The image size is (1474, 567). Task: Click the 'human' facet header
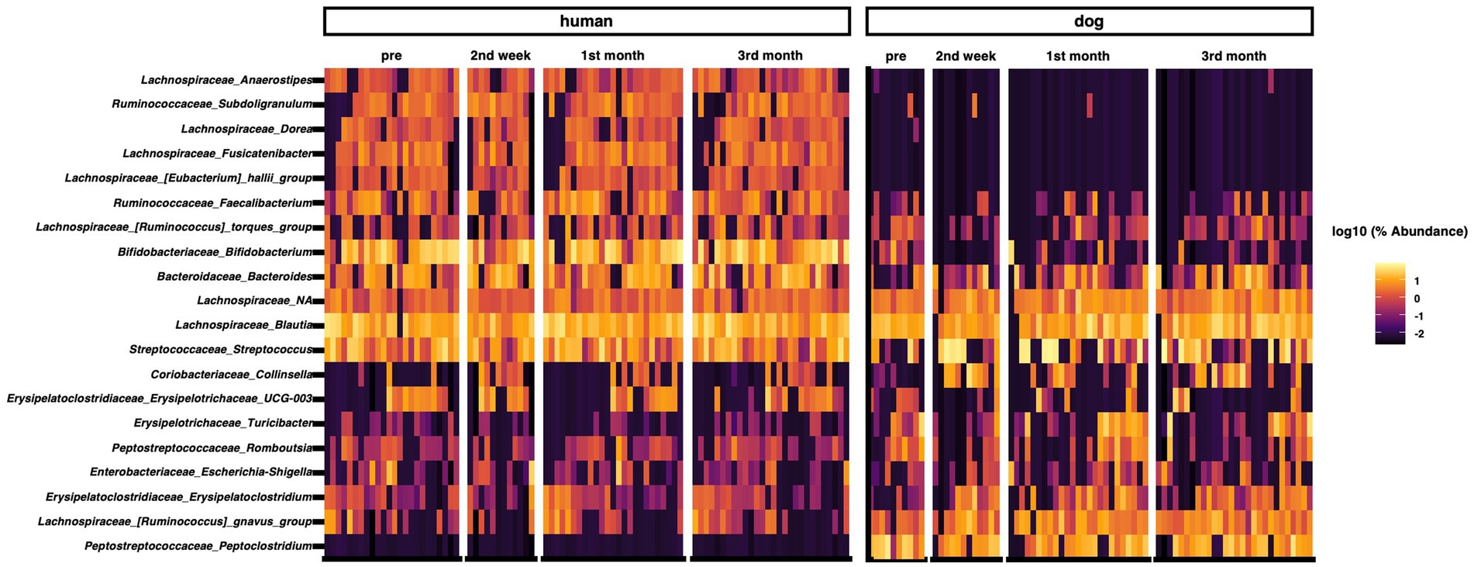[x=586, y=22]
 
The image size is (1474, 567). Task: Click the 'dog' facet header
[x=1088, y=22]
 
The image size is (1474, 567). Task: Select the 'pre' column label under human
[x=391, y=56]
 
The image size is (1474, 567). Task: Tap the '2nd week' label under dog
[x=966, y=57]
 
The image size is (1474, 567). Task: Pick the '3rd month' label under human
[x=770, y=56]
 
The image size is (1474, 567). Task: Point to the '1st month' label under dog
[x=1077, y=57]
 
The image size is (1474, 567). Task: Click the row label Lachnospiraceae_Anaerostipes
[x=226, y=80]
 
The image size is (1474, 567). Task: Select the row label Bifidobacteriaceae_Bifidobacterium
[x=215, y=252]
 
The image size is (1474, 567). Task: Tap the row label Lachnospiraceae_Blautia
[x=244, y=325]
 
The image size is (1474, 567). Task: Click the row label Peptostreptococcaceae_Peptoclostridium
[x=198, y=546]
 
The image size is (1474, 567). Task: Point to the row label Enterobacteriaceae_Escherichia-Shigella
[x=201, y=472]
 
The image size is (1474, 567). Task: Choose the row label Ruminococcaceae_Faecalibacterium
[x=213, y=203]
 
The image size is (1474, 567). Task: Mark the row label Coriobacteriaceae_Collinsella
[x=232, y=375]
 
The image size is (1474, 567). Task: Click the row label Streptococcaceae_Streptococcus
[x=221, y=350]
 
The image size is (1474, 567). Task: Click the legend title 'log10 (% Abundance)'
[x=1400, y=232]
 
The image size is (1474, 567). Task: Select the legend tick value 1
[x=1417, y=282]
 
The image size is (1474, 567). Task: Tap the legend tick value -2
[x=1419, y=334]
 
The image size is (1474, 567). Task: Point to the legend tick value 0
[x=1417, y=299]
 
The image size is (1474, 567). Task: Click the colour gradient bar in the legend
[x=1390, y=303]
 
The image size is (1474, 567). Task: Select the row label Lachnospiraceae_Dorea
[x=247, y=129]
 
